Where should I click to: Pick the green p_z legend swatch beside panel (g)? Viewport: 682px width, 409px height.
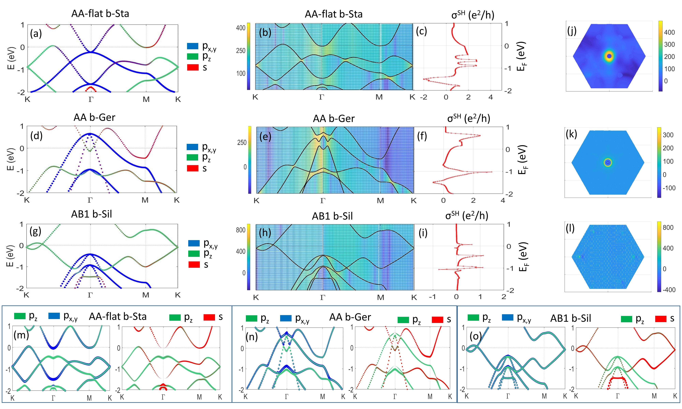click(194, 254)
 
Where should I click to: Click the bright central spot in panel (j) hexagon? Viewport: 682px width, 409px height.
click(609, 56)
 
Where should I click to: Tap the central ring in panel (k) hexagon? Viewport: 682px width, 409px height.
click(608, 163)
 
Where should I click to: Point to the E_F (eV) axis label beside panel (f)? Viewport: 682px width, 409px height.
click(522, 160)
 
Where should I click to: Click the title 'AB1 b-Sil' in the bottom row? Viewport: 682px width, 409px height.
click(571, 318)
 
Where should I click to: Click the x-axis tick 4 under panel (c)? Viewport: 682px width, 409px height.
click(490, 97)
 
